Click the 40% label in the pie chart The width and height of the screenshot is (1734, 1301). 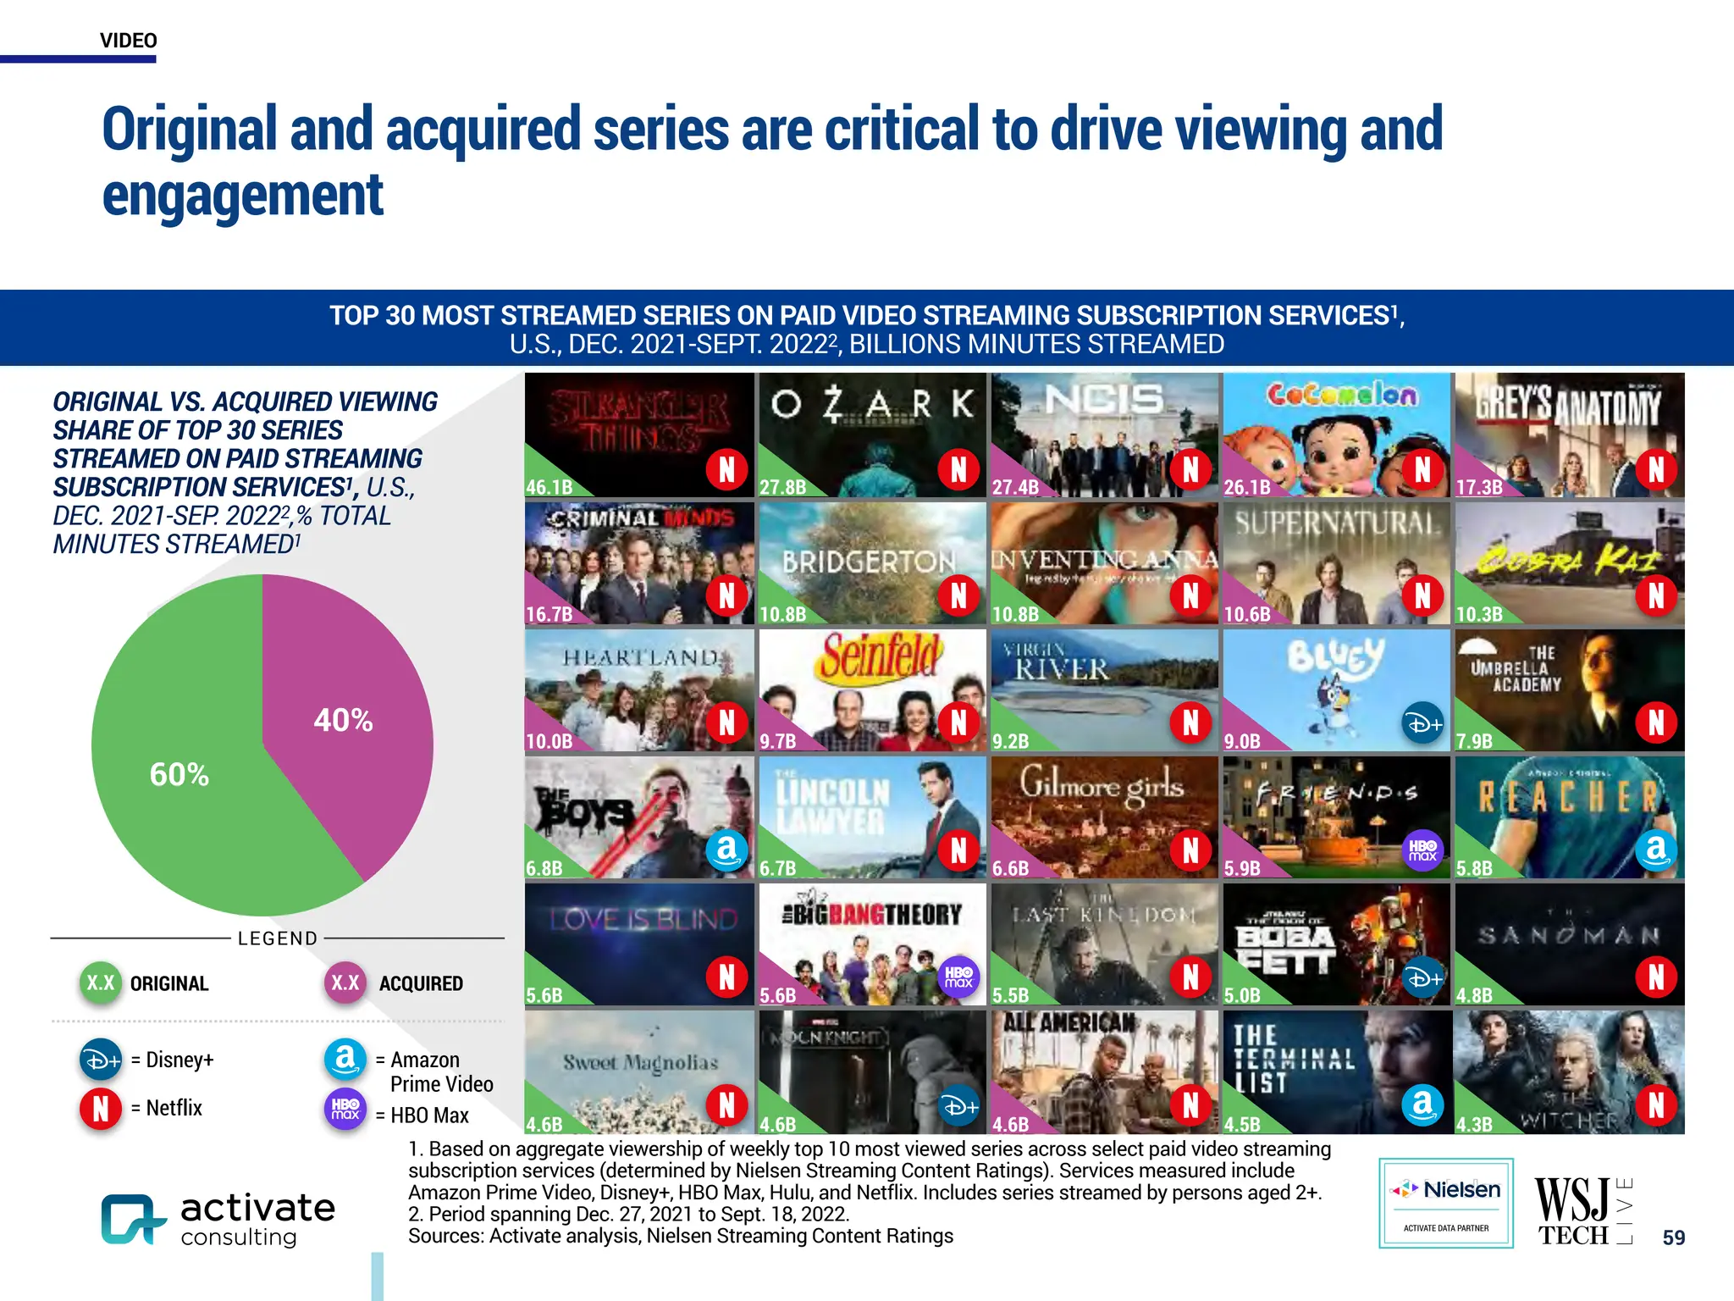coord(343,721)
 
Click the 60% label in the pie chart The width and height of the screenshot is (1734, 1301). coord(179,774)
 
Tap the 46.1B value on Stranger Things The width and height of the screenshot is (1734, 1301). coord(549,487)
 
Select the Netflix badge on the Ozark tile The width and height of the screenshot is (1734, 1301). coord(958,468)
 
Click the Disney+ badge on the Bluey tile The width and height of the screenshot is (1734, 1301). coord(1423,723)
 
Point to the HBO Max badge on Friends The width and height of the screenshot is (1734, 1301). coord(1423,850)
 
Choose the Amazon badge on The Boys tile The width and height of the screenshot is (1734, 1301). coord(726,850)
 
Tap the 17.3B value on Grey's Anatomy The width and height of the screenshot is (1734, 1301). coord(1479,487)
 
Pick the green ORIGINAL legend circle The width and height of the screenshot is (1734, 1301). coord(101,983)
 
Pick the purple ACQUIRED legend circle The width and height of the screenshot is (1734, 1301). coord(345,983)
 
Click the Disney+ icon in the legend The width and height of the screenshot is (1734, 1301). coord(101,1060)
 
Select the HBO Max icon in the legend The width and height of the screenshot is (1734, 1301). coord(345,1109)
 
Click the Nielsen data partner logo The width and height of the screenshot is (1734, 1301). coord(1446,1203)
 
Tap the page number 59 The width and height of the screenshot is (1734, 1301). coord(1673,1237)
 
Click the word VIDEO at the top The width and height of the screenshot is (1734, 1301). coord(129,41)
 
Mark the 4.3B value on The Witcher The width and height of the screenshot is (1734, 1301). coord(1474,1124)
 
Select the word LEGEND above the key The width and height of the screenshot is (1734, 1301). coord(278,938)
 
